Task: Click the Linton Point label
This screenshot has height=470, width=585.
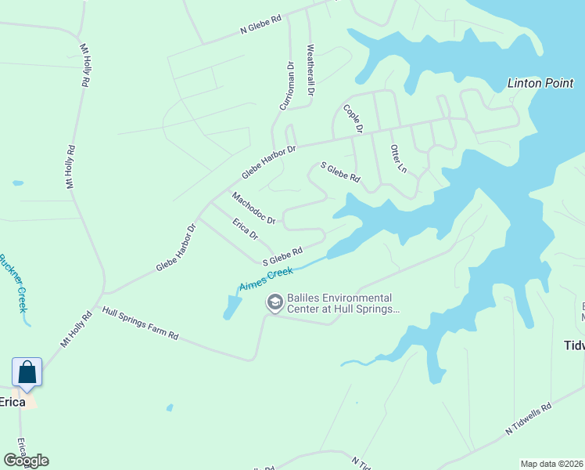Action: point(540,83)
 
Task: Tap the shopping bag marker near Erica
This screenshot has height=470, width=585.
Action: point(27,371)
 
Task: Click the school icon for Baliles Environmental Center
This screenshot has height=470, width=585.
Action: point(275,302)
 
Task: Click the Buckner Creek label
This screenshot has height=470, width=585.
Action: point(13,282)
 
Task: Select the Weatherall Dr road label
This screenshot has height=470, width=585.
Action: point(310,70)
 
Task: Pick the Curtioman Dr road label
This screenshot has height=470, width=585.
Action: point(285,89)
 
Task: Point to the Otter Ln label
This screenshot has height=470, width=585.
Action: point(398,158)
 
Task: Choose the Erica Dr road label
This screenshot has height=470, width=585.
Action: point(245,230)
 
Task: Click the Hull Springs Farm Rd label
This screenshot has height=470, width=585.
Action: point(140,324)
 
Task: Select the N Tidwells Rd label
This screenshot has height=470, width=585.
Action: point(529,418)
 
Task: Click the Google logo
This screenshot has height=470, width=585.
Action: point(26,461)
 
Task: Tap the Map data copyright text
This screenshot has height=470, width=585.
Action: point(551,464)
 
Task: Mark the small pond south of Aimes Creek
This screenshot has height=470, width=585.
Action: point(231,307)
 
